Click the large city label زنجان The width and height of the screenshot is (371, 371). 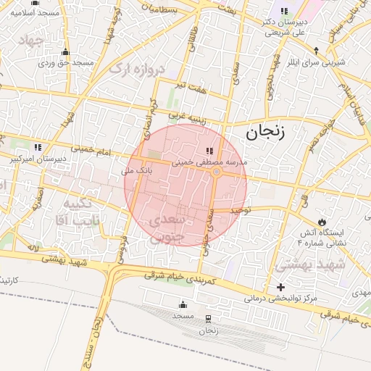pos(265,132)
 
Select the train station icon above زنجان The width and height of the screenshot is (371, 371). pos(209,319)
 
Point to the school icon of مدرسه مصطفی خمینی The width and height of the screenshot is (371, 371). pos(209,151)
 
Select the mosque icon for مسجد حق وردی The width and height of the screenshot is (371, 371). pos(66,51)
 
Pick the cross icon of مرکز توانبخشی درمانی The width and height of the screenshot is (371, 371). pos(280,288)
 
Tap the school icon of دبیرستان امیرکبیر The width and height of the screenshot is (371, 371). pos(37,147)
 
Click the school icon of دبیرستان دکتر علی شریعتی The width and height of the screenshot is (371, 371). pos(283,12)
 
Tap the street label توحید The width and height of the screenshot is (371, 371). pos(240,209)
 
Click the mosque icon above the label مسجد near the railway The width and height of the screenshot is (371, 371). pos(183,304)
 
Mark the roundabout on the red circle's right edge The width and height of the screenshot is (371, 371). pos(216,172)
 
